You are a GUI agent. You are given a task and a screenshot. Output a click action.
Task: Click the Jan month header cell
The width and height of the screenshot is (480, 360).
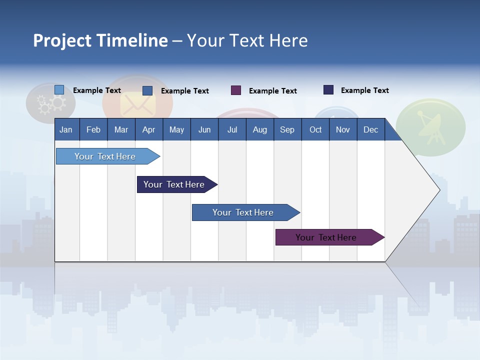[x=66, y=129]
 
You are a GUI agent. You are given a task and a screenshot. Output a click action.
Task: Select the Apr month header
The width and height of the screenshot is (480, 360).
[x=149, y=129]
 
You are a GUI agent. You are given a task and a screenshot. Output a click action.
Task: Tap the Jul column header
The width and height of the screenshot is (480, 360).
[x=232, y=129]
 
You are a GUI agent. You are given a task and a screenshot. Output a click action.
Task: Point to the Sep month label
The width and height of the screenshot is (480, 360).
[x=287, y=129]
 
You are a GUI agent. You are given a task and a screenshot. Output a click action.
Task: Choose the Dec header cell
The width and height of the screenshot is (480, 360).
[x=370, y=129]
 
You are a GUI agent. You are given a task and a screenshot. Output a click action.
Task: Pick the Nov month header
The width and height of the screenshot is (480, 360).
[x=342, y=129]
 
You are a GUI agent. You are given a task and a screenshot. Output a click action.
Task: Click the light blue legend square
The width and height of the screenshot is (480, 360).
[x=59, y=90]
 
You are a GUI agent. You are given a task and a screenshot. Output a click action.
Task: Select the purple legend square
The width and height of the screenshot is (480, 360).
[x=236, y=90]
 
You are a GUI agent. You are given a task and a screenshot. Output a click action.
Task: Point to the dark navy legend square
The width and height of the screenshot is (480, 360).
[x=328, y=90]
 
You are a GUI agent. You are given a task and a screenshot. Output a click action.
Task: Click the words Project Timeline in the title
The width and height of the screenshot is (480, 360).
[x=100, y=40]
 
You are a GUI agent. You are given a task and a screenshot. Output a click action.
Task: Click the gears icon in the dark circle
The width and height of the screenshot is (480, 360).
[x=51, y=103]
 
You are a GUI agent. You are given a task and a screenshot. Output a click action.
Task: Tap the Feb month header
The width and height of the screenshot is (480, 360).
[x=93, y=129]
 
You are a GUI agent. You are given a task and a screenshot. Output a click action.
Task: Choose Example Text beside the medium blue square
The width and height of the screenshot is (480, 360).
[x=184, y=91]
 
